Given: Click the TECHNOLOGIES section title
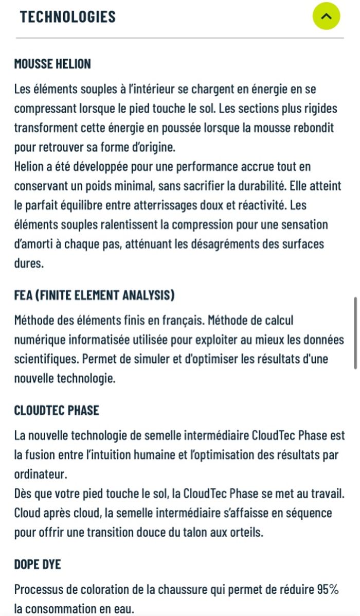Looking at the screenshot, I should coord(67,16).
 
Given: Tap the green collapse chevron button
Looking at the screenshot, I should coord(326,16).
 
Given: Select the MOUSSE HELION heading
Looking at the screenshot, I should coord(52,64).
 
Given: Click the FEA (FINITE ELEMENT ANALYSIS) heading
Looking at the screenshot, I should coord(94,295).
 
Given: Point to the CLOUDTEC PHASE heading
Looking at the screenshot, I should coord(57,411).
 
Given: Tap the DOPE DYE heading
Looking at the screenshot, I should coord(38,565).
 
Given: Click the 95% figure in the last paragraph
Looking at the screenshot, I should coord(327,590).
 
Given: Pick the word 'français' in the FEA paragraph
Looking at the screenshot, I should coord(179,321).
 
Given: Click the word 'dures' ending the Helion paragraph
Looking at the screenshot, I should coord(29,263).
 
